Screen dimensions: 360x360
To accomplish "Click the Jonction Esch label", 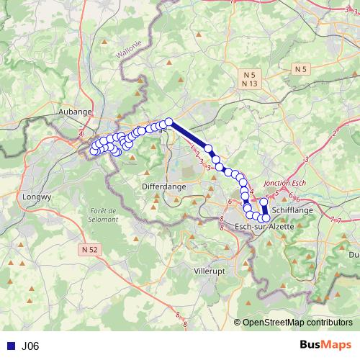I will click(x=286, y=184).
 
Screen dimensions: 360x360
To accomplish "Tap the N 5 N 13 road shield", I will click(x=250, y=79).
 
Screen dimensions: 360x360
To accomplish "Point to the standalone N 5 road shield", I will click(x=301, y=68).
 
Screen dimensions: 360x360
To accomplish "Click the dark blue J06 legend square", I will click(x=9, y=346).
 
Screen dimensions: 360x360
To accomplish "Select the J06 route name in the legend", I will click(x=30, y=346).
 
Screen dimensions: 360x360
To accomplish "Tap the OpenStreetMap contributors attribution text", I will click(x=297, y=323).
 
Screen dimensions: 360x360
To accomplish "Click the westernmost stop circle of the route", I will click(x=93, y=150).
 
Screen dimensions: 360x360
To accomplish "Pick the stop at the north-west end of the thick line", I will click(x=169, y=122).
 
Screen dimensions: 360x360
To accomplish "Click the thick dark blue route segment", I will click(x=189, y=135).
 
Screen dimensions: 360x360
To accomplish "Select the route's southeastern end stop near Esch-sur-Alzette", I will click(x=266, y=217).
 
